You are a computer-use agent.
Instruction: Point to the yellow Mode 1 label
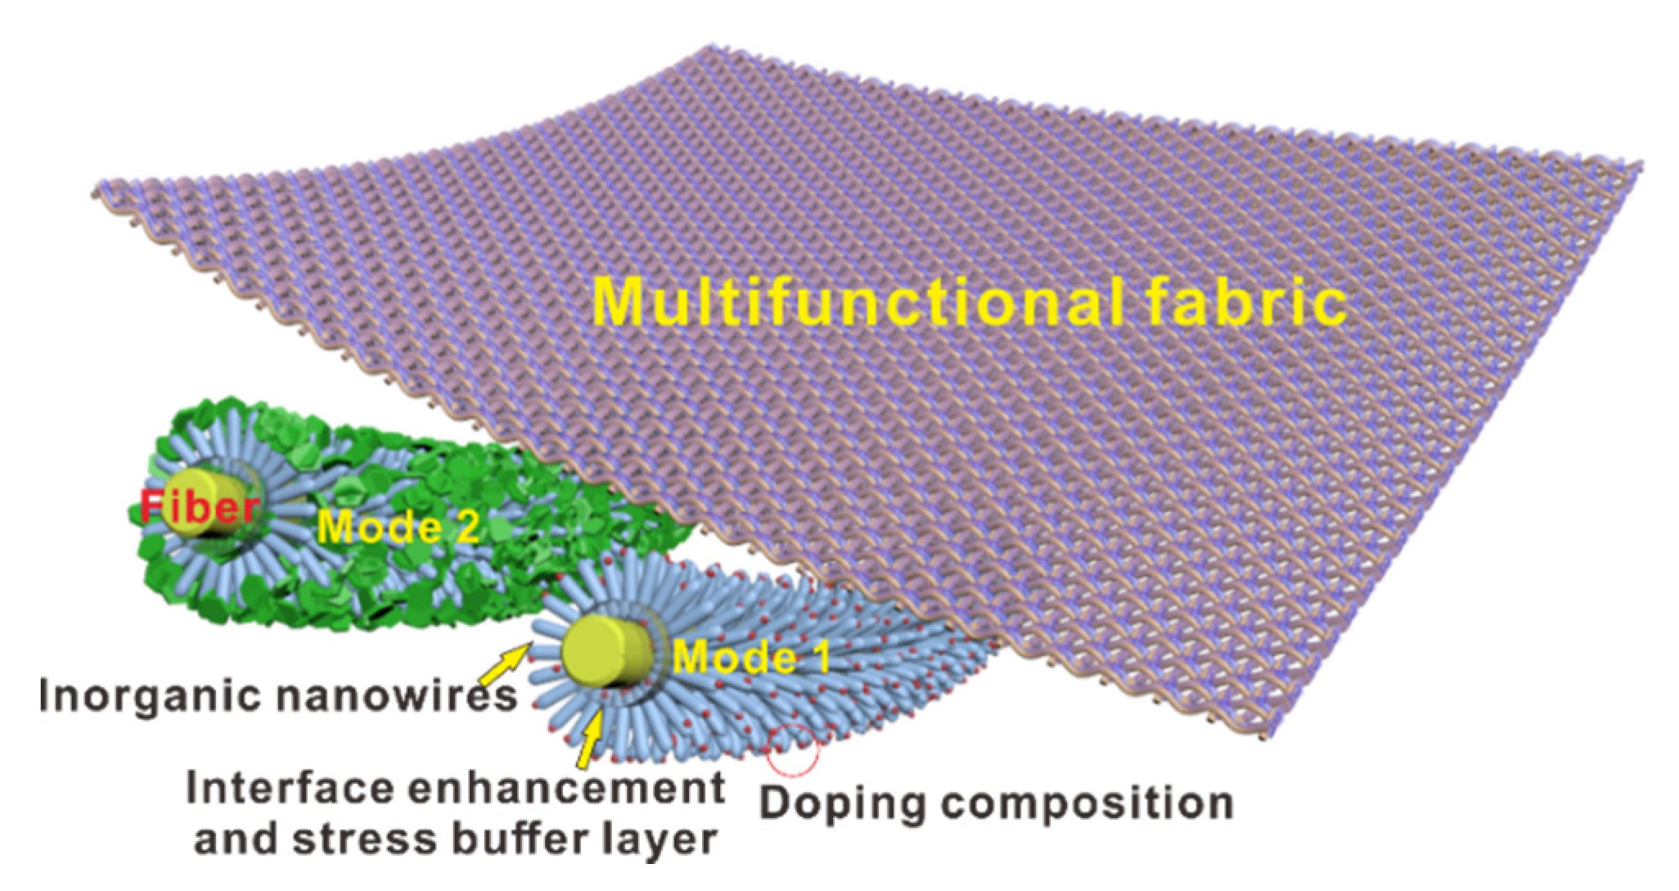(x=751, y=656)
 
